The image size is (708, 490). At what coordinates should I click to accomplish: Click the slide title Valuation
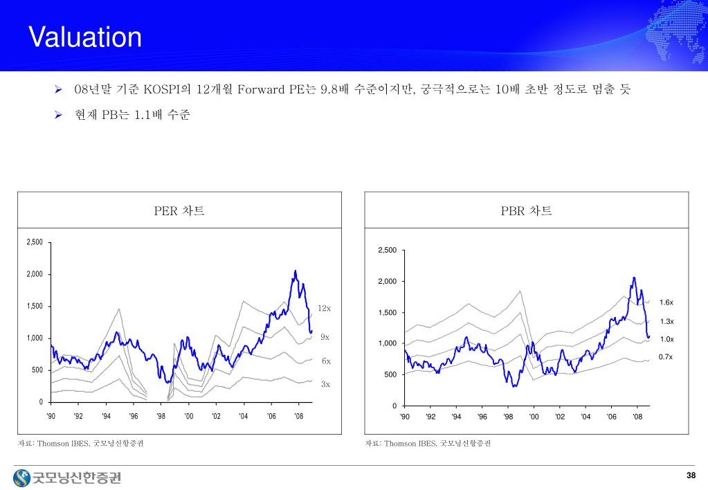85,37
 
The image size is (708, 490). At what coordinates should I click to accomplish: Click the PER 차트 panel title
179,210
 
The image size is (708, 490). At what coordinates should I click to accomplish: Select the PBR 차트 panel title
527,210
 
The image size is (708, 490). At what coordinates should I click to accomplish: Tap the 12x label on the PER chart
325,308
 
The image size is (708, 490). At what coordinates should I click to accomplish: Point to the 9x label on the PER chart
325,337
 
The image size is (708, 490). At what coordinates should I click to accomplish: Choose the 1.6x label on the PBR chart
666,302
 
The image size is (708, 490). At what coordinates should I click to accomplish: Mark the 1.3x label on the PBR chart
666,321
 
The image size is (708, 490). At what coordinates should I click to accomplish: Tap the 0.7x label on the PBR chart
665,356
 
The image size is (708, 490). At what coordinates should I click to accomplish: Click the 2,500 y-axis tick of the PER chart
34,242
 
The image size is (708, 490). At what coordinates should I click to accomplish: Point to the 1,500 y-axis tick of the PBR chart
388,313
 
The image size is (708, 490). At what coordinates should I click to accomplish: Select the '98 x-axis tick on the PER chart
161,416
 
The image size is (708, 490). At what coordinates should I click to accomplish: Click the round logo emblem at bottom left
22,477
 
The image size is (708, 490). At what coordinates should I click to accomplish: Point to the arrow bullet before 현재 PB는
59,114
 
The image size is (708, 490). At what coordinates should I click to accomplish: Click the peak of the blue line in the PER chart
296,271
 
